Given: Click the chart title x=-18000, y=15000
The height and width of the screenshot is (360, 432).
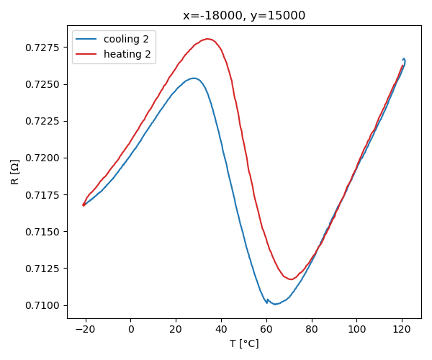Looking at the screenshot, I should [244, 15].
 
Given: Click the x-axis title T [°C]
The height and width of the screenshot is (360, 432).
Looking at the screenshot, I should [244, 343].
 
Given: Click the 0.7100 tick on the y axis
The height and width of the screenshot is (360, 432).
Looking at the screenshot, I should [45, 305].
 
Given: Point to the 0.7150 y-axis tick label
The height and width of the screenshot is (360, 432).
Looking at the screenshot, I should [45, 232].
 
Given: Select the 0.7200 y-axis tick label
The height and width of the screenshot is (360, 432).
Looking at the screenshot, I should [45, 158].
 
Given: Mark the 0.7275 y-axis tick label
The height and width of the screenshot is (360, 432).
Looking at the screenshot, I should [45, 48].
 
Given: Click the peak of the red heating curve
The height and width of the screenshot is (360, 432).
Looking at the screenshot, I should [207, 39].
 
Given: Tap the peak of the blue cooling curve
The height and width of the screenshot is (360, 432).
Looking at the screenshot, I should [194, 78].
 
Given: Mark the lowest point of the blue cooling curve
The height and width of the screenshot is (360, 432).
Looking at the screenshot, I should [275, 304].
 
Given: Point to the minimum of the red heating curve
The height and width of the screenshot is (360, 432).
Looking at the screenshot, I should [292, 279].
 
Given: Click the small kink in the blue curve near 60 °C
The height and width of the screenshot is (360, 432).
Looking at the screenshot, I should [267, 300].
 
